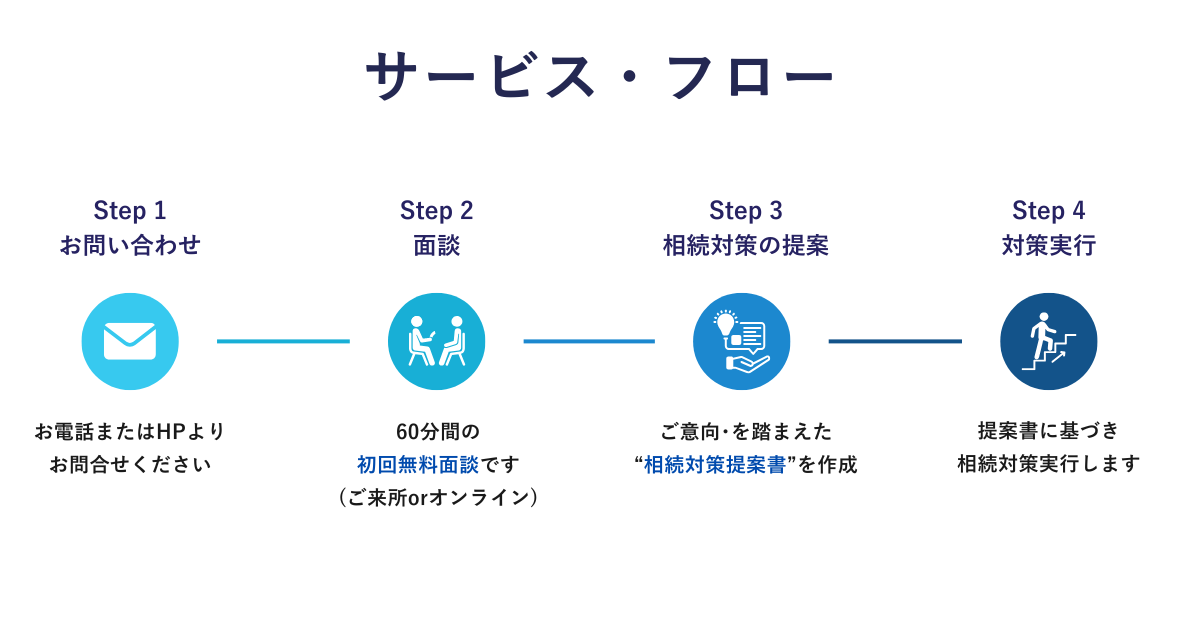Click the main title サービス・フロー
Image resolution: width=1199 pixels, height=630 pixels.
click(x=599, y=76)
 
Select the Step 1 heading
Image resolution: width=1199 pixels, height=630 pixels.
click(x=130, y=211)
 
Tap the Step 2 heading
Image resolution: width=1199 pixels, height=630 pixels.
click(x=437, y=211)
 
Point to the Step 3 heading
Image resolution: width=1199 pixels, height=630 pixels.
click(x=746, y=211)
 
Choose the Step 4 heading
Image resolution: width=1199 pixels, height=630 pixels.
click(x=1048, y=211)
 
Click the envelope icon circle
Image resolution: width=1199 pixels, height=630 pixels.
click(x=130, y=341)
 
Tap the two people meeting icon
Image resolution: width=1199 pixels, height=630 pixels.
click(x=437, y=341)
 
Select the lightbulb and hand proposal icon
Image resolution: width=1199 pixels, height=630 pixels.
click(x=741, y=341)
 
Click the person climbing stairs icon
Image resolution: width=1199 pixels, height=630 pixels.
click(x=1048, y=341)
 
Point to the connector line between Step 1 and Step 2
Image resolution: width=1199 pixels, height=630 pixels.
click(x=283, y=341)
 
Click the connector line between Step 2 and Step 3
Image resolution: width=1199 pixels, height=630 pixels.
click(x=590, y=341)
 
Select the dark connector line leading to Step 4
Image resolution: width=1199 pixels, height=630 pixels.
click(x=895, y=341)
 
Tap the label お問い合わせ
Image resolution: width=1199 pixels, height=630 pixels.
click(x=130, y=245)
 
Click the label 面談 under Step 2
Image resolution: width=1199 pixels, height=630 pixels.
click(x=437, y=245)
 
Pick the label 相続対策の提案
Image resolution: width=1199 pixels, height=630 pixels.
click(x=746, y=245)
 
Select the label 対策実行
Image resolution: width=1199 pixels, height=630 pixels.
click(x=1048, y=245)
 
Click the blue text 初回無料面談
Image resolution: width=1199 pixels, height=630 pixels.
click(x=418, y=464)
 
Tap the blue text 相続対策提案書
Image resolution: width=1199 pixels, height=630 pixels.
click(x=715, y=464)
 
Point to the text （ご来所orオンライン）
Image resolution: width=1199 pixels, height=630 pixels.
click(x=438, y=498)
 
